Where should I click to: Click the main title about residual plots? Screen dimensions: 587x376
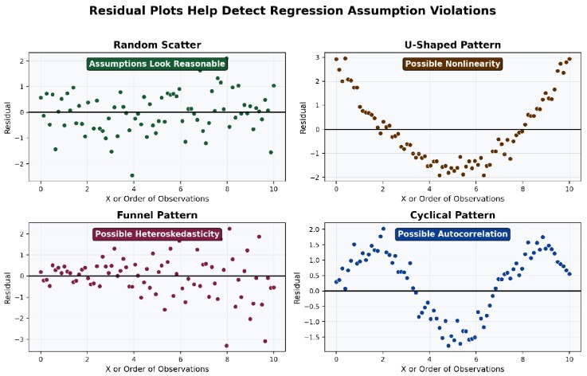(x=292, y=10)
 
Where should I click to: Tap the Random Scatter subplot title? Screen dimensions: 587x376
(x=157, y=45)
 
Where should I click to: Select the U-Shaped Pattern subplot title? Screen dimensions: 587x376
(x=452, y=45)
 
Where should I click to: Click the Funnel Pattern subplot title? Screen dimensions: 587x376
(x=157, y=215)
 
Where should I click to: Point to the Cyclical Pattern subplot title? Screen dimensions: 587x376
(x=452, y=215)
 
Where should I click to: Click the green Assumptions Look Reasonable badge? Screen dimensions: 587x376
(x=157, y=64)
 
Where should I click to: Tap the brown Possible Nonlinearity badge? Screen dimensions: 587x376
(x=452, y=64)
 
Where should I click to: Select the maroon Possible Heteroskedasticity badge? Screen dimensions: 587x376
(x=157, y=234)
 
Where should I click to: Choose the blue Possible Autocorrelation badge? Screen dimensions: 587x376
(x=452, y=234)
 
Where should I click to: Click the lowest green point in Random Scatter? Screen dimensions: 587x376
(x=132, y=175)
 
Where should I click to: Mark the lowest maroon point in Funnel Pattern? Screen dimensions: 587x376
(x=226, y=346)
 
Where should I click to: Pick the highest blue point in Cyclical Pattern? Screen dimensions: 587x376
(x=383, y=229)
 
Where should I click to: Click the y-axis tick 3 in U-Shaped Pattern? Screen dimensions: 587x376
(x=317, y=57)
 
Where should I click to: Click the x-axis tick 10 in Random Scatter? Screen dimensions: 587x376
(x=274, y=189)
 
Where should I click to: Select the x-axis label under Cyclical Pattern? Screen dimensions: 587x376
(x=452, y=369)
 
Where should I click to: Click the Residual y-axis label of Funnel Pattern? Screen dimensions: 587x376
(x=7, y=288)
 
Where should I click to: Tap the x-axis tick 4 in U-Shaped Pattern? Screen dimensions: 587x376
(x=429, y=189)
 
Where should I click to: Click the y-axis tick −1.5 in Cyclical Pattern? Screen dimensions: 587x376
(x=312, y=337)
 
